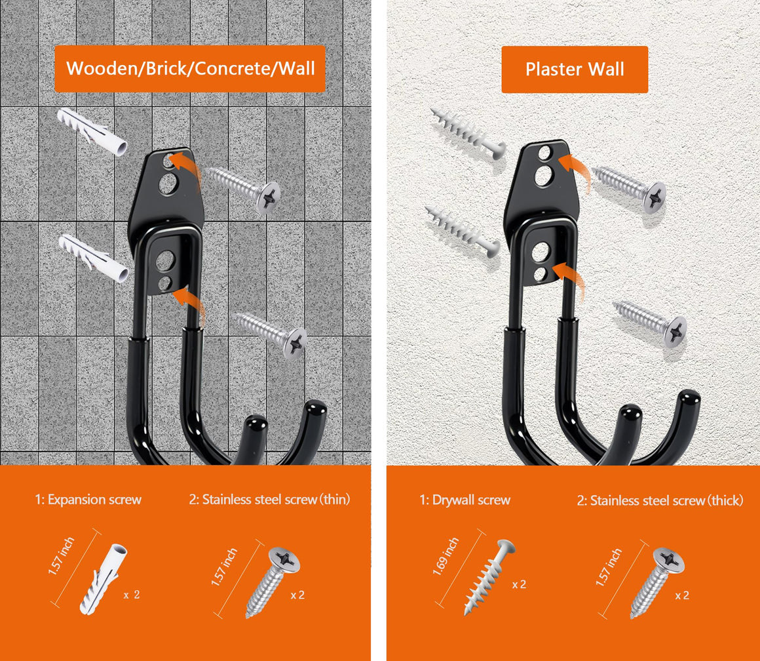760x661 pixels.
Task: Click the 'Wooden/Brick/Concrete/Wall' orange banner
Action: [x=189, y=69]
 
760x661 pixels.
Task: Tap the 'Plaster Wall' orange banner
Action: [x=575, y=70]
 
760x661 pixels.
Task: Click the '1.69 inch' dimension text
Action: [x=446, y=556]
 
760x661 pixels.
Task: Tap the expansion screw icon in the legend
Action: [x=104, y=580]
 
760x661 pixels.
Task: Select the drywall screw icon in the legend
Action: [x=489, y=577]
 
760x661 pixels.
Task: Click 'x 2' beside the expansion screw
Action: [x=131, y=595]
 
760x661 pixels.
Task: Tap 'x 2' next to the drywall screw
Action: [x=519, y=584]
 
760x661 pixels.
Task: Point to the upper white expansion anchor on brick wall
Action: [x=92, y=131]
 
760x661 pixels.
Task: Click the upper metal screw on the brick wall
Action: [x=244, y=190]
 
